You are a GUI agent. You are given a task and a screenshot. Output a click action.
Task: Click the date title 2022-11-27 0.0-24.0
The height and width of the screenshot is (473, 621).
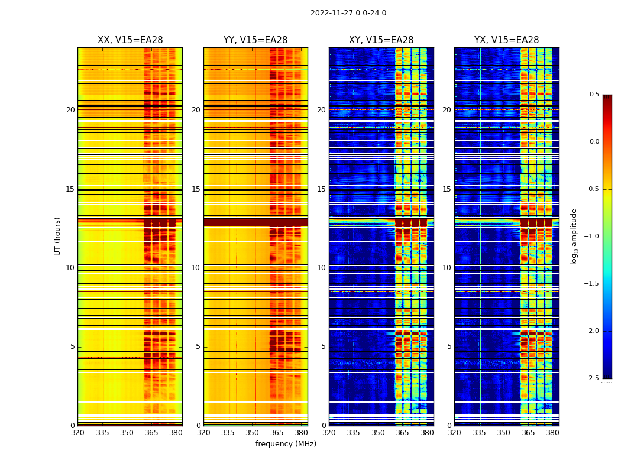coord(348,13)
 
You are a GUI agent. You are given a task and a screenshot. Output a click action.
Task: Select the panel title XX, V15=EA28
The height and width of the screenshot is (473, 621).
coord(130,40)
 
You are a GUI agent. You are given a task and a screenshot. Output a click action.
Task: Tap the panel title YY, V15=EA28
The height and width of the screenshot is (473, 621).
coord(255,40)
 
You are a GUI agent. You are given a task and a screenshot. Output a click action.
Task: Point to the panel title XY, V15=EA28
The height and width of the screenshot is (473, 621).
coord(381,40)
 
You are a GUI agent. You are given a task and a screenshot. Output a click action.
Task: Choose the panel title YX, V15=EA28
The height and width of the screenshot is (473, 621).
coord(506,40)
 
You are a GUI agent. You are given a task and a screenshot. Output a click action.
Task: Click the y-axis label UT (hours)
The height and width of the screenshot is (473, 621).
coord(57,236)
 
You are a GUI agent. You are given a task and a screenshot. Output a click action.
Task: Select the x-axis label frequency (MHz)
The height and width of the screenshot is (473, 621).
coord(286,444)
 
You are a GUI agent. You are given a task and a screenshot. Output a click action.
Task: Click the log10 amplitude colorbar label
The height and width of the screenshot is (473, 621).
coord(574,236)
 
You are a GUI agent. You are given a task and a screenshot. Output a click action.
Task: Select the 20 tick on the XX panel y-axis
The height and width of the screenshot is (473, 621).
coord(70,110)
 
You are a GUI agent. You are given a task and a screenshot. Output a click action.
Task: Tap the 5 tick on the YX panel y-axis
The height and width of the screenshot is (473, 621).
coord(449,346)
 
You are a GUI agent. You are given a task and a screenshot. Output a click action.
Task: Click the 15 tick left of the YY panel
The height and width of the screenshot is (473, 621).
coord(196,189)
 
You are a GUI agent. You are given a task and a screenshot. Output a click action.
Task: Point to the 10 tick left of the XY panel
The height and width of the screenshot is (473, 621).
coord(321,268)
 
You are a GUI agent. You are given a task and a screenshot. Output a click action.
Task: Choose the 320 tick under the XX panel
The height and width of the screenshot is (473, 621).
coord(77,433)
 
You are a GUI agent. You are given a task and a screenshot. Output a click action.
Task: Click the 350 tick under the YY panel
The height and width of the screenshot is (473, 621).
coord(253,433)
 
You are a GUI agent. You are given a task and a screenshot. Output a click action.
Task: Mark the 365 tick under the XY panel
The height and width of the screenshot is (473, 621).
coord(402,433)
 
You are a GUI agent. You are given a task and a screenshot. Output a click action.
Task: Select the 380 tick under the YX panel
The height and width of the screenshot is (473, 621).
coord(552,433)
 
